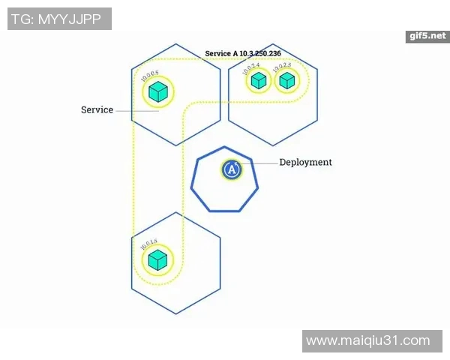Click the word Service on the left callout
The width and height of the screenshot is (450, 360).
[97, 110]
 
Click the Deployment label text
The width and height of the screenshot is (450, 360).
[305, 162]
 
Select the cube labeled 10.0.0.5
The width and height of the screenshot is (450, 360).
[157, 92]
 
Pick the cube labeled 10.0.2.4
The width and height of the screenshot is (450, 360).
[259, 80]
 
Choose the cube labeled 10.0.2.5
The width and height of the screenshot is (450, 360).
[286, 80]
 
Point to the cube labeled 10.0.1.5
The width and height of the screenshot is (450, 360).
[157, 260]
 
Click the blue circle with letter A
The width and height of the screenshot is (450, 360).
[232, 170]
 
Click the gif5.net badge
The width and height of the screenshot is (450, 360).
[429, 35]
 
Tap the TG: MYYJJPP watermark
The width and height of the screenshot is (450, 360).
[59, 19]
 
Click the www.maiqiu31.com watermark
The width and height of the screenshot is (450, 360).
[368, 340]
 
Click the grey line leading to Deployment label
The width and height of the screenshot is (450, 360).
[259, 163]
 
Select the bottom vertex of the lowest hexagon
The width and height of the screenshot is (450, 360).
[176, 314]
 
